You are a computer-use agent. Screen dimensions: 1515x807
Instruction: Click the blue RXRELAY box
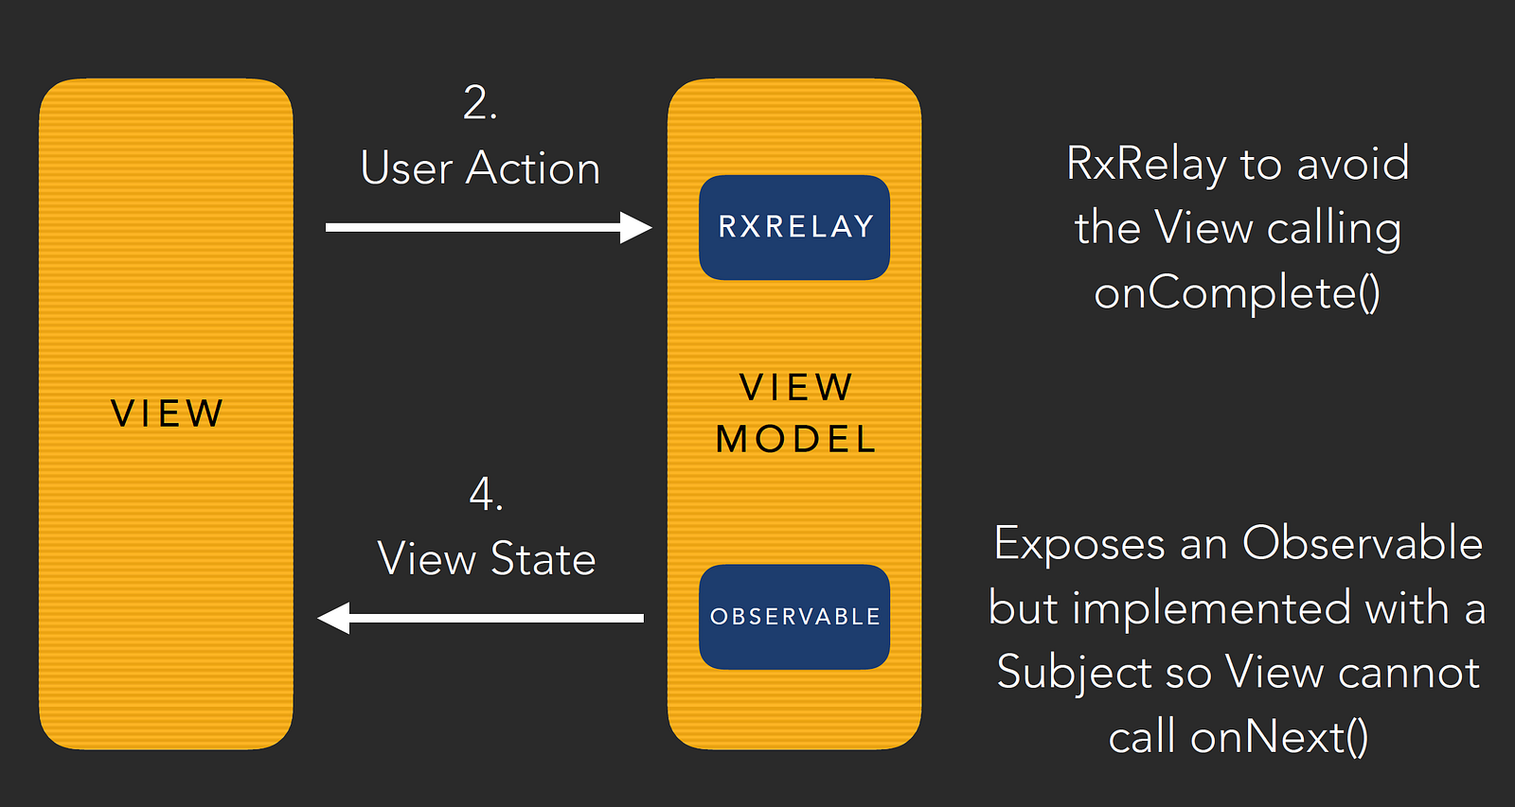click(x=794, y=227)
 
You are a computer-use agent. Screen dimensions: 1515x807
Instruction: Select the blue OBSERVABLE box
click(x=794, y=617)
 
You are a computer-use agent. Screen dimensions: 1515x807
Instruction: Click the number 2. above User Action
click(x=480, y=103)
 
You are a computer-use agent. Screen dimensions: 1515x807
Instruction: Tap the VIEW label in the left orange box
click(x=167, y=413)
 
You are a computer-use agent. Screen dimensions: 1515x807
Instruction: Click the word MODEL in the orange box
click(x=795, y=439)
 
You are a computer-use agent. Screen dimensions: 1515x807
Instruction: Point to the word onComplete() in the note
click(x=1237, y=294)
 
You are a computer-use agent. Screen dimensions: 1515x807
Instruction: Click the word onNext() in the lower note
click(x=1279, y=737)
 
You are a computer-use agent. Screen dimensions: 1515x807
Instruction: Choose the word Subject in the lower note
click(x=1074, y=674)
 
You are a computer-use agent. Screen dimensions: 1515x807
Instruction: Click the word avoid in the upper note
click(x=1353, y=163)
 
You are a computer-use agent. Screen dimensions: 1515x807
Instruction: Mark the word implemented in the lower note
click(x=1211, y=608)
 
